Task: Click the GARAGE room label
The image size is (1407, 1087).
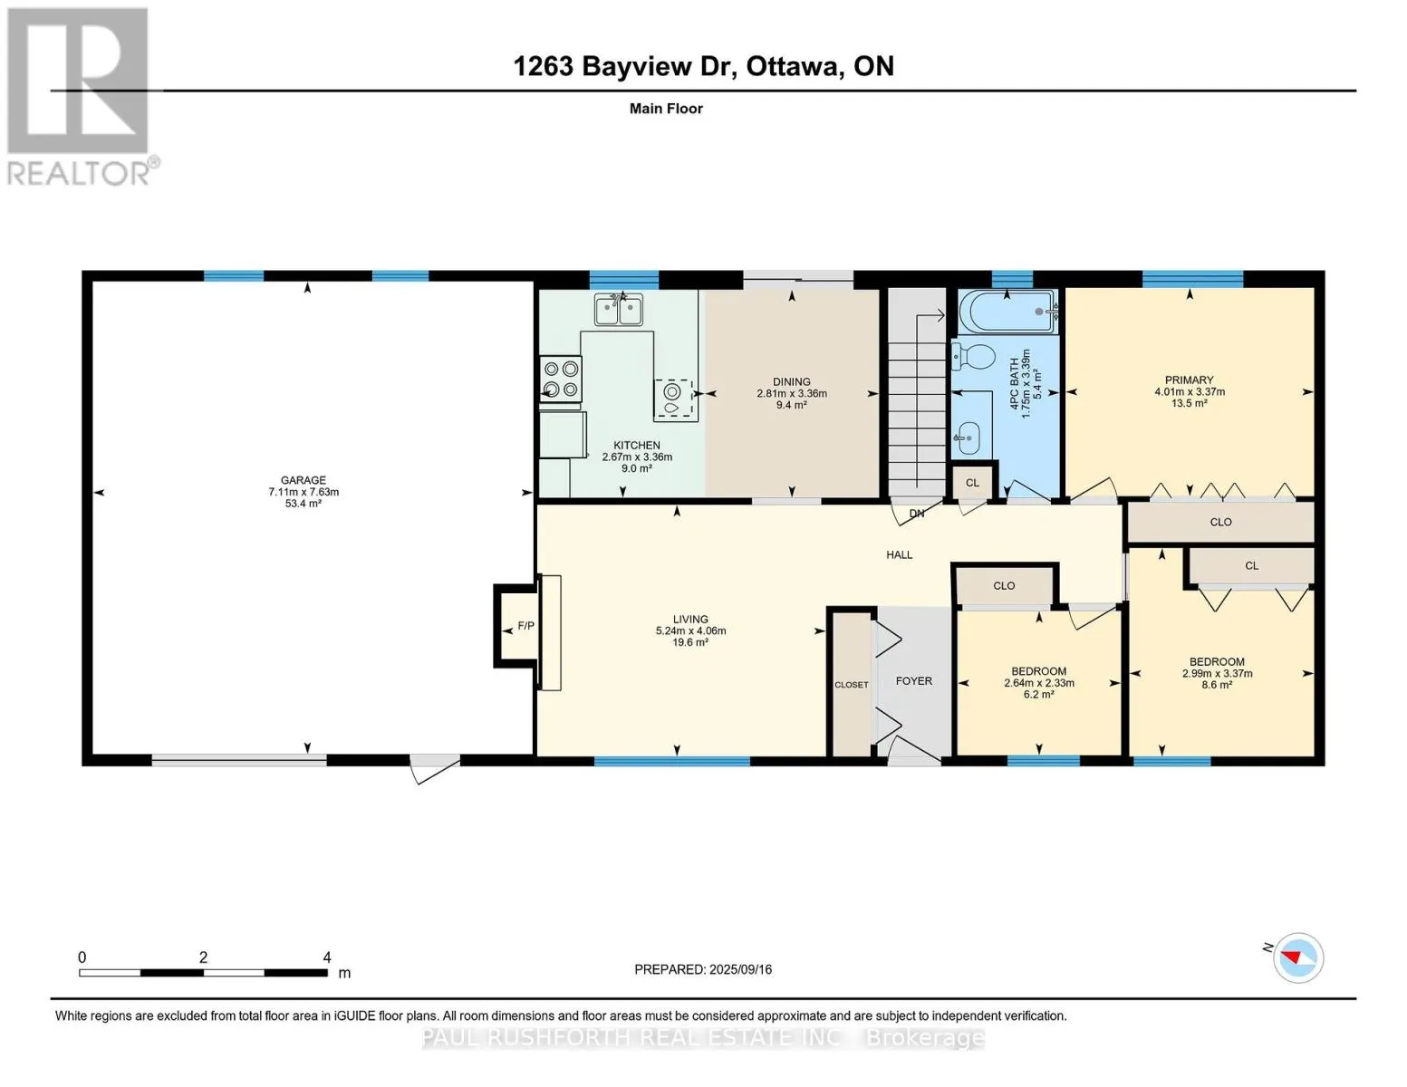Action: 303,480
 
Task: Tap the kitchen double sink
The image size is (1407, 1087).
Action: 619,310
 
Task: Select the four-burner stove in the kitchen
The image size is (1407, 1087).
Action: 561,380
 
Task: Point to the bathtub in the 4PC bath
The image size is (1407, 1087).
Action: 1008,312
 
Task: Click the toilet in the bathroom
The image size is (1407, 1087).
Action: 973,356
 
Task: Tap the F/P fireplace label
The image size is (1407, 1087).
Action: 525,626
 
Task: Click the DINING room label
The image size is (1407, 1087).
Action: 791,381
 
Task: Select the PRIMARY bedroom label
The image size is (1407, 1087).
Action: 1189,380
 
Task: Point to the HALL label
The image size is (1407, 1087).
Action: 900,555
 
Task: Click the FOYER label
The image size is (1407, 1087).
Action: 913,680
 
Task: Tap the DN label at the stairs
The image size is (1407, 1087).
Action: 916,514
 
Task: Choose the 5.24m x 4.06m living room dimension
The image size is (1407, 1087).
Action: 690,630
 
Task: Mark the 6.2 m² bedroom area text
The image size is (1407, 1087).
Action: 1038,694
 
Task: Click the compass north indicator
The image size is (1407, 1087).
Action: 1290,957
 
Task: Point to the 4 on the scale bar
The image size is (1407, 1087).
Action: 327,957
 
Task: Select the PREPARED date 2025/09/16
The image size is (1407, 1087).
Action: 740,969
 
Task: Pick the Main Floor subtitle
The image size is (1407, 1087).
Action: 666,109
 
